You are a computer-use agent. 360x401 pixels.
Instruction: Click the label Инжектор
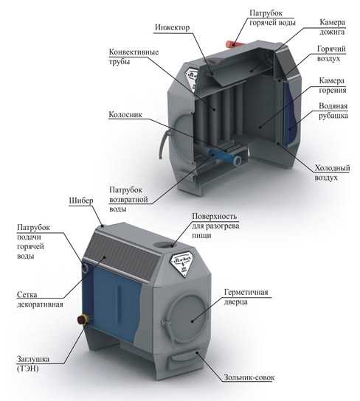pyautogui.click(x=172, y=27)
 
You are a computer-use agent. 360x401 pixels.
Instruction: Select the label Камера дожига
pyautogui.click(x=332, y=27)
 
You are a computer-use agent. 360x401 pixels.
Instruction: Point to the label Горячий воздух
pyautogui.click(x=331, y=54)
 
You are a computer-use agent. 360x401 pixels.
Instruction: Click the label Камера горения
pyautogui.click(x=333, y=86)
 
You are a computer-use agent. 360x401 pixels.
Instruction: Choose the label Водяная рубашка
pyautogui.click(x=333, y=111)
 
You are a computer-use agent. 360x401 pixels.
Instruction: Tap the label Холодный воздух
pyautogui.click(x=332, y=173)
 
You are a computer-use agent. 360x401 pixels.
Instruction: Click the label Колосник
pyautogui.click(x=125, y=114)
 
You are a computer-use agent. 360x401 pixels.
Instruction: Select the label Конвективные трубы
pyautogui.click(x=134, y=57)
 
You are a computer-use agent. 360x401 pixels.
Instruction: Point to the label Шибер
pyautogui.click(x=81, y=200)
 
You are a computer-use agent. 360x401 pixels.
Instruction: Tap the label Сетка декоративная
pyautogui.click(x=40, y=299)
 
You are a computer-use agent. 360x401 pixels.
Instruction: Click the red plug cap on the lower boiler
pyautogui.click(x=83, y=319)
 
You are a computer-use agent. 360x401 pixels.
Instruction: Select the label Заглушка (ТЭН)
pyautogui.click(x=33, y=363)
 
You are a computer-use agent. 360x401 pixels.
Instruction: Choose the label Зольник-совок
pyautogui.click(x=249, y=377)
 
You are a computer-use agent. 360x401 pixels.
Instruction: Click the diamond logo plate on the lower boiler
pyautogui.click(x=182, y=263)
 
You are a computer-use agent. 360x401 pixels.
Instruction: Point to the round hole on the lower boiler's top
pyautogui.click(x=165, y=245)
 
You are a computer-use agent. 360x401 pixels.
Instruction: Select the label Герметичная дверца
pyautogui.click(x=246, y=296)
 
